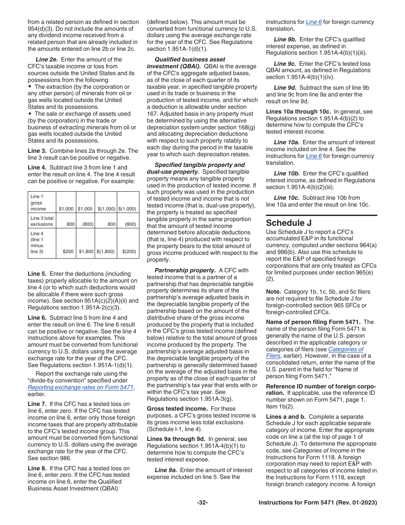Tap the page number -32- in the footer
pyautogui.click(x=202, y=503)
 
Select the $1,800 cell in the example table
pyautogui.click(x=86, y=251)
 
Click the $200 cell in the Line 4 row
pyautogui.click(x=68, y=251)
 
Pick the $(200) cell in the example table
pyautogui.click(x=129, y=251)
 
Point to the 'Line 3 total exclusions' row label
pyautogui.click(x=42, y=221)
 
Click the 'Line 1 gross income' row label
pyautogui.click(x=38, y=203)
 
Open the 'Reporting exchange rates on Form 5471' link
pyautogui.click(x=81, y=387)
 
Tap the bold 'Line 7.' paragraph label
pyautogui.click(x=37, y=404)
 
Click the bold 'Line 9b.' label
pyautogui.click(x=286, y=39)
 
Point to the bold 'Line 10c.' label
pyautogui.click(x=286, y=198)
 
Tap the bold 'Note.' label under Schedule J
pyautogui.click(x=273, y=292)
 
